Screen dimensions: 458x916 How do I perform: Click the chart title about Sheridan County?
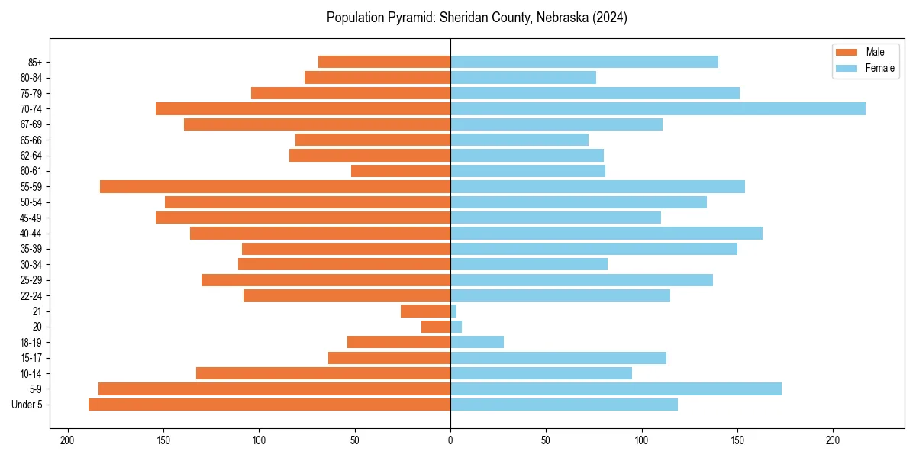pos(476,18)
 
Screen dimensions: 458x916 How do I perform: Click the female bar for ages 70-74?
pos(657,109)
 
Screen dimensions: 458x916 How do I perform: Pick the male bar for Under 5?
pos(269,405)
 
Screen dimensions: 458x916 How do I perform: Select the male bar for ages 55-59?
pos(275,187)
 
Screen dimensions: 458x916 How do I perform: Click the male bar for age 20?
pos(436,327)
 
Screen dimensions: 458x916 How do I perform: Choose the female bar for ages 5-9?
pos(615,389)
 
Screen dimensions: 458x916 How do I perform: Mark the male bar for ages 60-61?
pos(401,171)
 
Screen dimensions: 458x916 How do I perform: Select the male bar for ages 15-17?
pos(389,358)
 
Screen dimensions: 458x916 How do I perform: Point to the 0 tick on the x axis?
pos(450,440)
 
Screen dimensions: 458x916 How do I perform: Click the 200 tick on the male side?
pos(68,440)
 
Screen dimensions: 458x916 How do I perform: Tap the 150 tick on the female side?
pos(737,440)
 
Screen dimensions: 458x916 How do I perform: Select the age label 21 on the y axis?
pos(37,311)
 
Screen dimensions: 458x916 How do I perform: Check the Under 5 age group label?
pos(27,405)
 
